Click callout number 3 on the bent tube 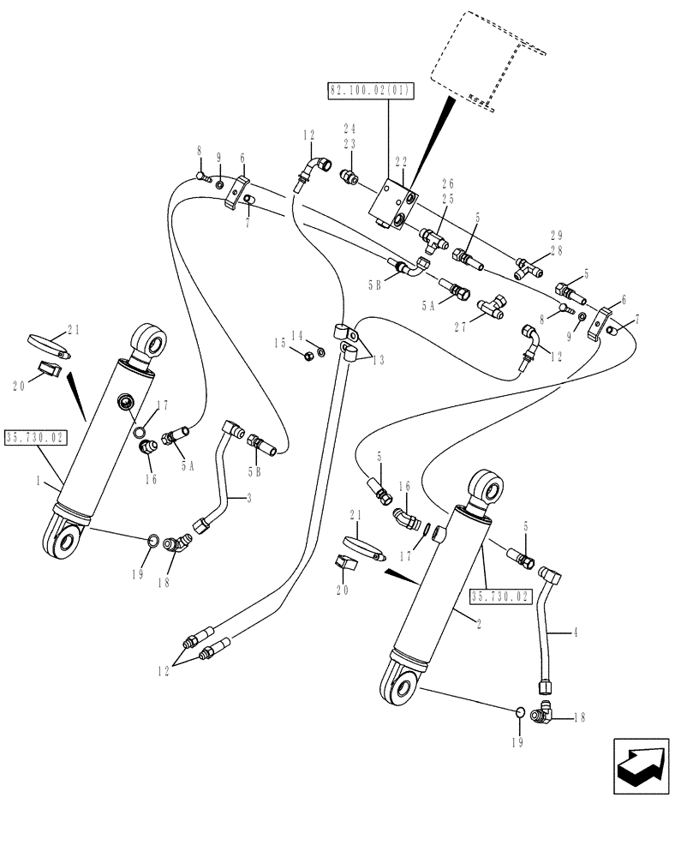[x=249, y=497]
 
